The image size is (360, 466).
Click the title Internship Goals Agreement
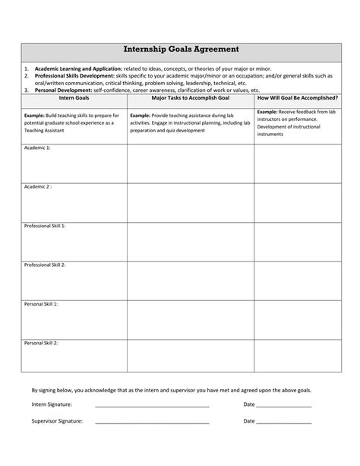tap(181, 49)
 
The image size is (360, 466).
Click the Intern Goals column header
tap(74, 98)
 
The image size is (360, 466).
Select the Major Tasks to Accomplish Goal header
tap(190, 98)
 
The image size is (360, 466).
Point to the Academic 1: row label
tap(37, 147)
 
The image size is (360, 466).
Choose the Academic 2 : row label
tap(38, 186)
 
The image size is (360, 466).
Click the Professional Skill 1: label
tap(46, 226)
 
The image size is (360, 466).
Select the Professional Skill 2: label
tap(46, 265)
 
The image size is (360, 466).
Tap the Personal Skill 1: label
tap(41, 304)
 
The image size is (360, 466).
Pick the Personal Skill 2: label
tap(41, 343)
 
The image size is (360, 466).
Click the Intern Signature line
tap(152, 406)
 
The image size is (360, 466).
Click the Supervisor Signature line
tap(152, 422)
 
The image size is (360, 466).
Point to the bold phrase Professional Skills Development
tap(75, 76)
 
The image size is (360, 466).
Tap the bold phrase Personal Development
tap(64, 90)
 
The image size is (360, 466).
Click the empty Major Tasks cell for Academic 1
tap(190, 163)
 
